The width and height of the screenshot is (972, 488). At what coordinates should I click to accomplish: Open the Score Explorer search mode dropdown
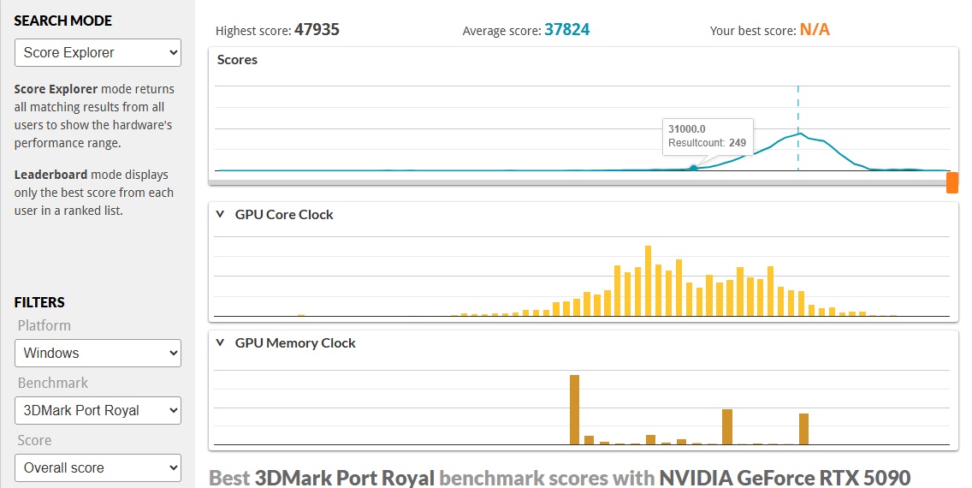point(98,53)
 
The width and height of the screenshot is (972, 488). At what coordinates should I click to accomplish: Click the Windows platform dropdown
point(98,353)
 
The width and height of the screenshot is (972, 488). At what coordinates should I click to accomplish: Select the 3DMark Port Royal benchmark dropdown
point(98,410)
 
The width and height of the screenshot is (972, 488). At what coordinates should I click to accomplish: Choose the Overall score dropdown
point(98,467)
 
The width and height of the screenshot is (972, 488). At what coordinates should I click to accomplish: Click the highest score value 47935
point(317,30)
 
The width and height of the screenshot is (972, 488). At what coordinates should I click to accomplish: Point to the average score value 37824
point(566,30)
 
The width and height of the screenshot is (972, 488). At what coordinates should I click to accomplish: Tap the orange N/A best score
point(815,30)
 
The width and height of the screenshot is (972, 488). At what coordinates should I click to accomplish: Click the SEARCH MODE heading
point(63,21)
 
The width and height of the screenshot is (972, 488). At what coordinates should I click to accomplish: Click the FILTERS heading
point(39,302)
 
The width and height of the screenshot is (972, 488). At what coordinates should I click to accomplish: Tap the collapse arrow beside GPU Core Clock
point(221,215)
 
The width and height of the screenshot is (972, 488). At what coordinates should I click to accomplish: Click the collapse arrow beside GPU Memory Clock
point(221,343)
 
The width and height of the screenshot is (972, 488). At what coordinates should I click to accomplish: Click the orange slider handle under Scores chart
point(951,182)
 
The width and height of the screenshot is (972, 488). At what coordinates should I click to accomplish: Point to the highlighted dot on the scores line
point(693,168)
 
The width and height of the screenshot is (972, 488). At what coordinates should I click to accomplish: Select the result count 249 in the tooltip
point(738,143)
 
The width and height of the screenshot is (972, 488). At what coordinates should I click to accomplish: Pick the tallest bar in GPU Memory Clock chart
point(574,409)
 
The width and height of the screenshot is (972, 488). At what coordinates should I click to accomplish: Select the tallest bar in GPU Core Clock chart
point(648,281)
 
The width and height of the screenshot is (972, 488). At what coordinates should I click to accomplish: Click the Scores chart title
point(237,60)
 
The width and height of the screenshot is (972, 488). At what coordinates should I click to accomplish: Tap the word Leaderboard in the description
point(50,175)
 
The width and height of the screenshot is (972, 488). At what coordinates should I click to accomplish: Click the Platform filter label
point(44,325)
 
